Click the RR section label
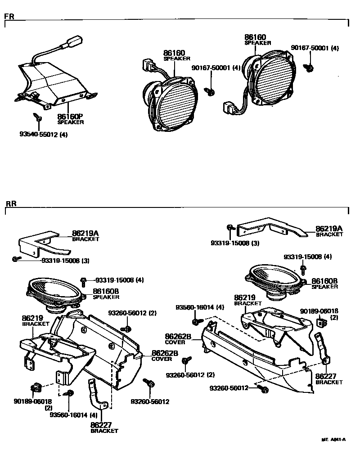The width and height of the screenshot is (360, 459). pyautogui.click(x=10, y=203)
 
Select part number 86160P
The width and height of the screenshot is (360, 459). pyautogui.click(x=70, y=117)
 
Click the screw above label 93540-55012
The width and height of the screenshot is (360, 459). pyautogui.click(x=38, y=117)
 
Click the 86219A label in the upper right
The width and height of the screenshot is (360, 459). pyautogui.click(x=329, y=229)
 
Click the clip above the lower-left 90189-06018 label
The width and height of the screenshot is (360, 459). pyautogui.click(x=36, y=388)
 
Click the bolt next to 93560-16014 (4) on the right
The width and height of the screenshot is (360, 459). pyautogui.click(x=196, y=321)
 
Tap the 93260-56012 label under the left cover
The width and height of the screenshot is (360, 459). pyautogui.click(x=150, y=401)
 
